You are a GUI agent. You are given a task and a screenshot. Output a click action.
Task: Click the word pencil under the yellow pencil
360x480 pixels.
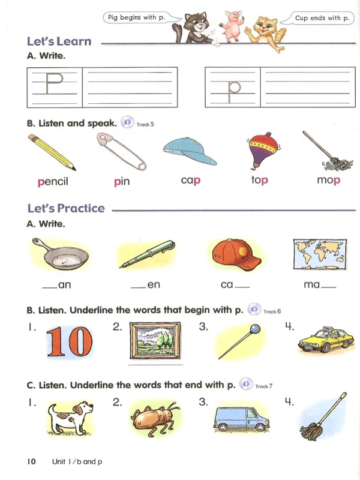[53, 182]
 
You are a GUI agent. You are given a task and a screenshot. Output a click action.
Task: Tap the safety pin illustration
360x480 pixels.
[121, 151]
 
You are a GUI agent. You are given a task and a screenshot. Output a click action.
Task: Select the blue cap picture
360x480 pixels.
[190, 151]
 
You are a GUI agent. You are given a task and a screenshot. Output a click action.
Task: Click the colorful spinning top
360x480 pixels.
[263, 151]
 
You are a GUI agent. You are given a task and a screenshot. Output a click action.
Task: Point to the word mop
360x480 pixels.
[328, 180]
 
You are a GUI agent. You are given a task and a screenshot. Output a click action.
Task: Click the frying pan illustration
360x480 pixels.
[60, 254]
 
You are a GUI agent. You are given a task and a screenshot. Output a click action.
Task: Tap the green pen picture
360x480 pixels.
[147, 254]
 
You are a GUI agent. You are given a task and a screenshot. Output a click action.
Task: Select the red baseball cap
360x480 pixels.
[236, 254]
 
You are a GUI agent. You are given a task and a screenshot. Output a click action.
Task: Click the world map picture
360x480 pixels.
[320, 254]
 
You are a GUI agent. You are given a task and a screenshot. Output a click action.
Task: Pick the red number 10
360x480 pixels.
[70, 342]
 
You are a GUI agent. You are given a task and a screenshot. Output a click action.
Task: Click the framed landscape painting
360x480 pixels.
[155, 340]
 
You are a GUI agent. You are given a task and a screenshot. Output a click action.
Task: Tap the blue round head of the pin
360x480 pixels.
[255, 329]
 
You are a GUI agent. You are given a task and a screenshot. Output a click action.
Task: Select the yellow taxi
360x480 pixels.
[326, 340]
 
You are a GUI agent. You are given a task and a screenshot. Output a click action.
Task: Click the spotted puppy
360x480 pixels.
[70, 418]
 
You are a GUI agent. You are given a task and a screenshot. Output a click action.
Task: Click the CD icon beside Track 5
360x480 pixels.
[127, 122]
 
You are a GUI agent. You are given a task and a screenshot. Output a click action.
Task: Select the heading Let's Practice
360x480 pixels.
[66, 208]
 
